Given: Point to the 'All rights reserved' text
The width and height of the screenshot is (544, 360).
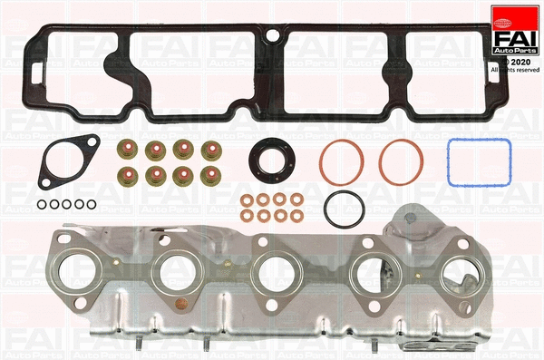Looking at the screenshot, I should [x=514, y=70].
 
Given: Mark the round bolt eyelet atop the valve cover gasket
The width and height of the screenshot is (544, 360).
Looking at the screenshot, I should [x=272, y=37].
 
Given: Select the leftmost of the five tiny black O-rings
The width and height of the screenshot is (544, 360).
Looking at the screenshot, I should [x=42, y=204].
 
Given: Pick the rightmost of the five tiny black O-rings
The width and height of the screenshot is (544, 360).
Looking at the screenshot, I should [x=92, y=204].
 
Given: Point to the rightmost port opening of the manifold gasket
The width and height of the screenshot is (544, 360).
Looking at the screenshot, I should [x=468, y=272].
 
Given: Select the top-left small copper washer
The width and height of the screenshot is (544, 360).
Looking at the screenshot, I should [x=247, y=199].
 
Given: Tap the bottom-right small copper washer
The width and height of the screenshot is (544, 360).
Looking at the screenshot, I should [x=295, y=216].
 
